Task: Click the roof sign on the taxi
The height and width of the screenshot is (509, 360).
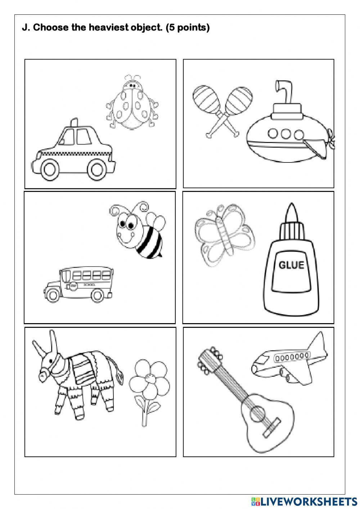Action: pos(73,122)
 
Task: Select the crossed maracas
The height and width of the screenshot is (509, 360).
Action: pos(223,108)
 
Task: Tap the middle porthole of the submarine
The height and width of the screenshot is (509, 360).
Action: pos(286,134)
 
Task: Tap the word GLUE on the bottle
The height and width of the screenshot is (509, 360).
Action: pos(291,265)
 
